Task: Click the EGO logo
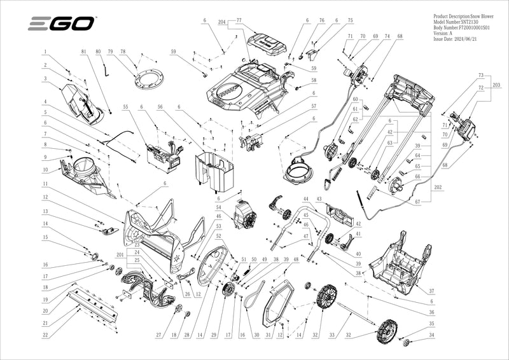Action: [61, 24]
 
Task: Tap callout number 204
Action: [222, 22]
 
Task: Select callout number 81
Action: [83, 51]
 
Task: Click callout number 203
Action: [496, 85]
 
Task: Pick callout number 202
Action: [438, 188]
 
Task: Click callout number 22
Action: [45, 335]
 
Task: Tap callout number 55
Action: [125, 107]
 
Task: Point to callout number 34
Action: [432, 335]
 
